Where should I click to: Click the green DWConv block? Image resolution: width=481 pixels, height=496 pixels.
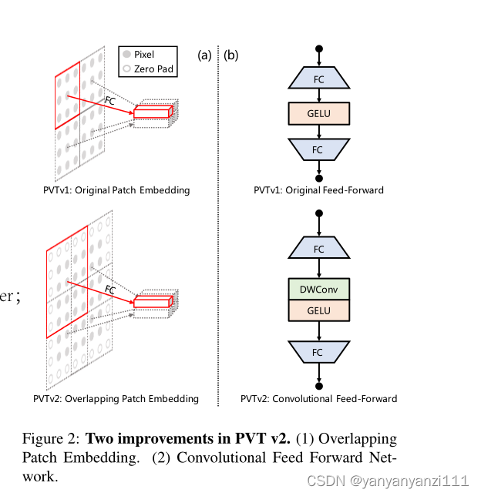(319, 289)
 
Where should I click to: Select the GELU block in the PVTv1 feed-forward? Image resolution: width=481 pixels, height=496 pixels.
(319, 113)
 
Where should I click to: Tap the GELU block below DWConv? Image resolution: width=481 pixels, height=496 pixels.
(319, 311)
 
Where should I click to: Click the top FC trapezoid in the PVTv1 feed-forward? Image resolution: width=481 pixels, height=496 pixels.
(319, 79)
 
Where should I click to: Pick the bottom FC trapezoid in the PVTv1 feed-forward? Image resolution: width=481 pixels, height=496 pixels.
(319, 149)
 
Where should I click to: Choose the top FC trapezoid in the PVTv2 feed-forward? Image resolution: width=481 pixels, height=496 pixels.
(319, 249)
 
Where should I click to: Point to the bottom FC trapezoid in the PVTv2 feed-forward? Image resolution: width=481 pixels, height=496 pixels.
(319, 352)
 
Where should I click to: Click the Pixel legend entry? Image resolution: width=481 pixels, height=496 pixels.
(143, 55)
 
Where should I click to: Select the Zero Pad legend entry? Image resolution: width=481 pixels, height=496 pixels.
(148, 69)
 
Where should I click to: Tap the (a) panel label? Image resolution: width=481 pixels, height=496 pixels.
(204, 55)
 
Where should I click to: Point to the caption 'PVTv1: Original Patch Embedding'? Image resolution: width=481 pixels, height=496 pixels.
(116, 190)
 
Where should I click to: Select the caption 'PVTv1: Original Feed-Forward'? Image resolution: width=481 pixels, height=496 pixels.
(319, 190)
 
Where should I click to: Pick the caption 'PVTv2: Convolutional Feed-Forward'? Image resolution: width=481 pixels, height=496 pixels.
(319, 399)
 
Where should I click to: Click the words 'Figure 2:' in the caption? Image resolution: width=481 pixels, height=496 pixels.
(51, 439)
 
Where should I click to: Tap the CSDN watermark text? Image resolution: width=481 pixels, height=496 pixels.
(387, 481)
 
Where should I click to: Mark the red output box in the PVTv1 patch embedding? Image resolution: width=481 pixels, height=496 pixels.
(152, 113)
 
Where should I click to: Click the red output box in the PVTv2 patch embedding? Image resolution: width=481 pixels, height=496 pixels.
(152, 302)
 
